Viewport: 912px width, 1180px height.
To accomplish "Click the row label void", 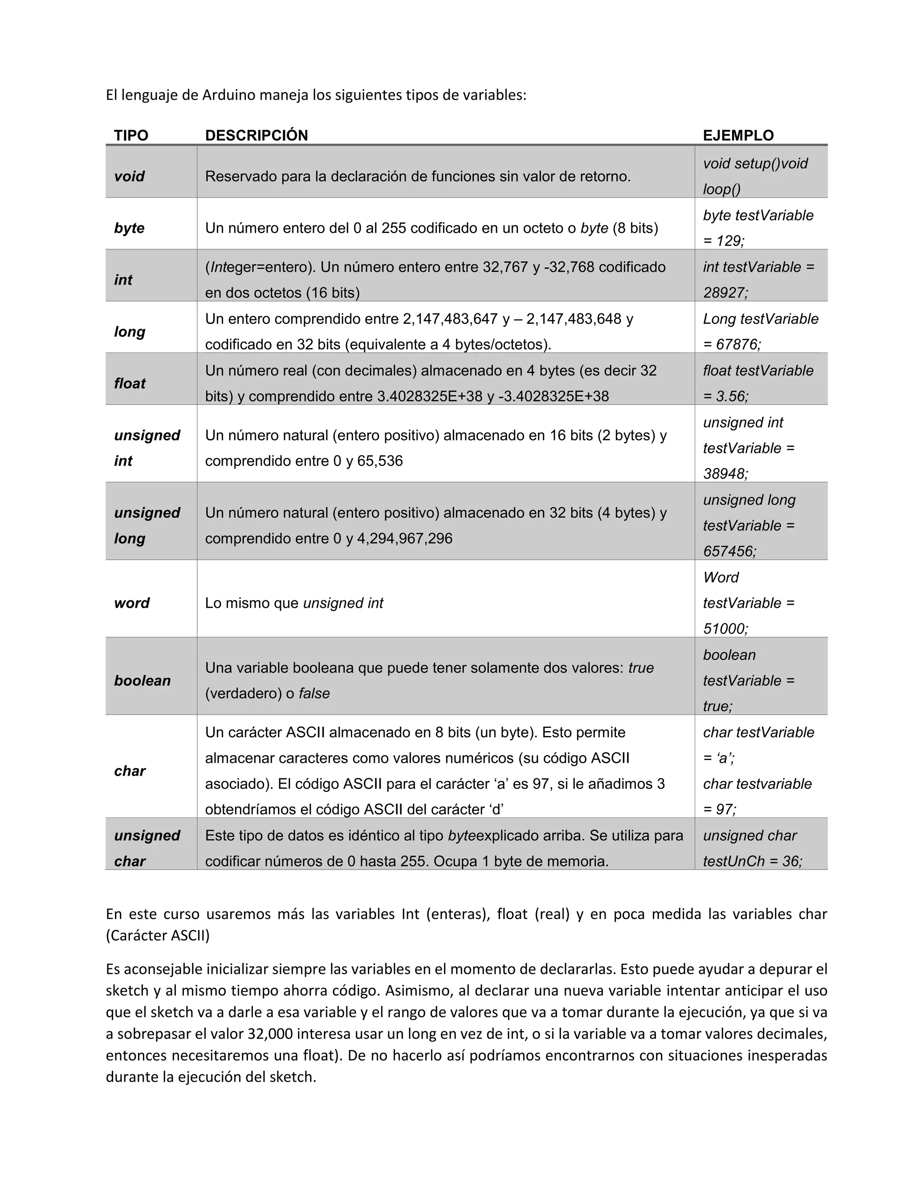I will pos(129,176).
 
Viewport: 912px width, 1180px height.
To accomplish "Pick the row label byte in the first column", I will pos(129,228).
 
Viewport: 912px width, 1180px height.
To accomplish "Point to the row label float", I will pos(130,383).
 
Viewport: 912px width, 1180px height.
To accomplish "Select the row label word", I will pos(132,603).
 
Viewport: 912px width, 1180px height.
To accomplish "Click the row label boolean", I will pos(142,681).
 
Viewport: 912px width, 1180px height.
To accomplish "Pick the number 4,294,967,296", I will pos(405,539).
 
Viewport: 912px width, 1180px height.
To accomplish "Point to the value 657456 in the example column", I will pos(728,552).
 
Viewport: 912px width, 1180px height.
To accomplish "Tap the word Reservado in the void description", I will pos(238,176).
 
